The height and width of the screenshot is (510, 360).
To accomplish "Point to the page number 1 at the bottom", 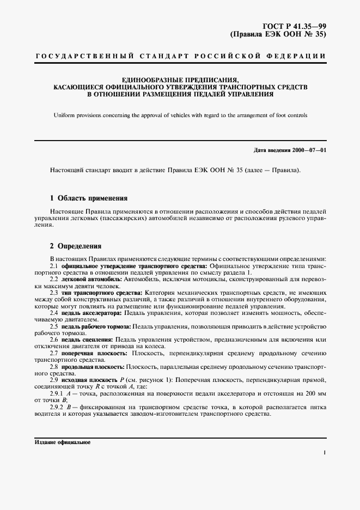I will tap(325, 452).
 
